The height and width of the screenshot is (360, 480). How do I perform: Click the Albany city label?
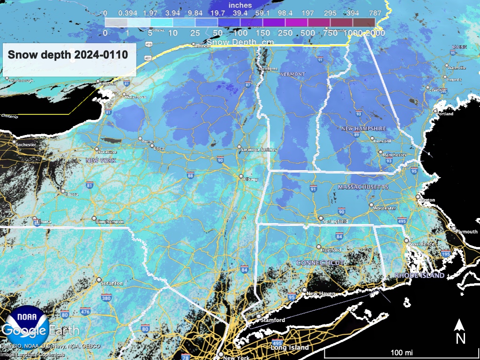pyautogui.click(x=251, y=180)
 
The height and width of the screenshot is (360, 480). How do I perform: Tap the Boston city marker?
pyautogui.click(x=418, y=197)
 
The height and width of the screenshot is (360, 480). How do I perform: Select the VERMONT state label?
pyautogui.click(x=292, y=75)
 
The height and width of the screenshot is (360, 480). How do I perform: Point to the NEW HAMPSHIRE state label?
pyautogui.click(x=363, y=128)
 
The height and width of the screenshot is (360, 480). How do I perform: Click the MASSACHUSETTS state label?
pyautogui.click(x=363, y=187)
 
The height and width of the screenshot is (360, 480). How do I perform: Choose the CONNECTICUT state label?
pyautogui.click(x=320, y=263)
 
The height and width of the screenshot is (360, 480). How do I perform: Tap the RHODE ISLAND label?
pyautogui.click(x=419, y=276)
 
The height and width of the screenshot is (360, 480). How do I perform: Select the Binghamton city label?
pyautogui.click(x=110, y=222)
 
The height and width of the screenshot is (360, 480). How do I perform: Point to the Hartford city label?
pyautogui.click(x=331, y=250)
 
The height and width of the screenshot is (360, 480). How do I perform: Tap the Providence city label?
pyautogui.click(x=421, y=244)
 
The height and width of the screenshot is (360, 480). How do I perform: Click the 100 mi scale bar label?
pyautogui.click(x=402, y=352)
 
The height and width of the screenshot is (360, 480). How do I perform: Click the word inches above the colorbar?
pyautogui.click(x=240, y=5)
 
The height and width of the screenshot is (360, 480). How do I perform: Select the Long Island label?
pyautogui.click(x=290, y=348)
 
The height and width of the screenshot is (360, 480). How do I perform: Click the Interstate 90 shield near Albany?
pyautogui.click(x=220, y=161)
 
